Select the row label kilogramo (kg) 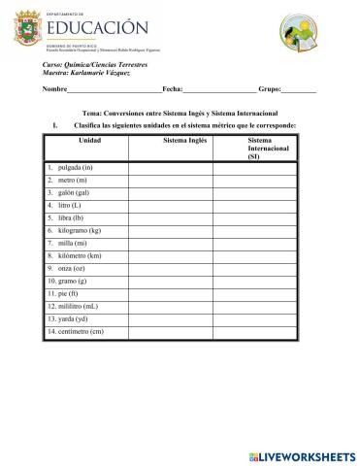pyautogui.click(x=78, y=230)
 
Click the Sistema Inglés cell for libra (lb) pyautogui.click(x=171, y=218)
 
